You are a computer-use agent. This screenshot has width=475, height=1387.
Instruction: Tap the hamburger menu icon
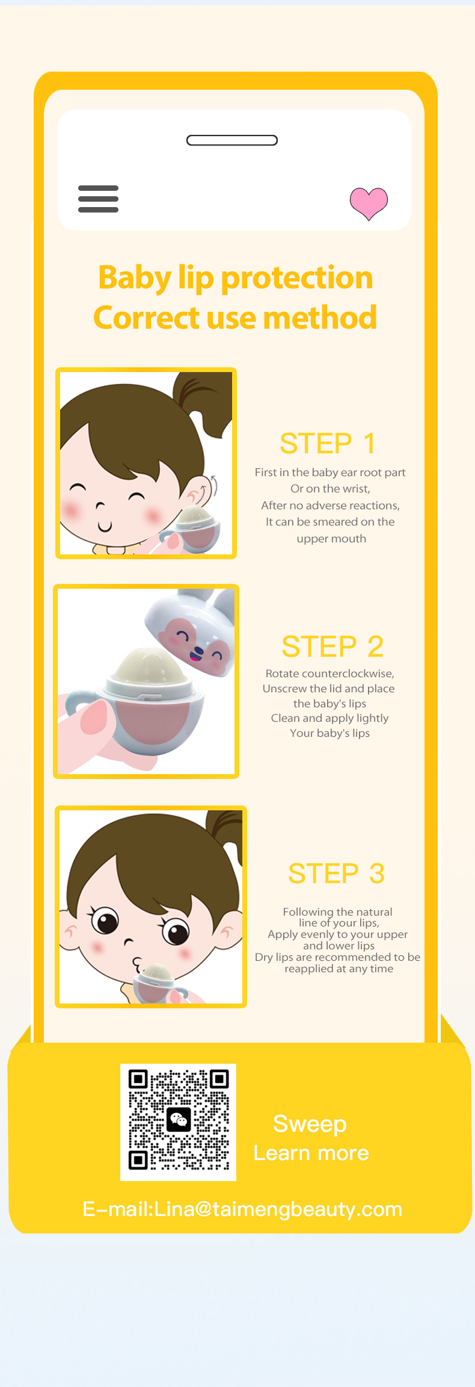[98, 199]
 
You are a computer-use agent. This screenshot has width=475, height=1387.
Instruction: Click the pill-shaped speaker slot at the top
[232, 140]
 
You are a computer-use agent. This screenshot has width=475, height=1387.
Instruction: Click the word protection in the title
[297, 278]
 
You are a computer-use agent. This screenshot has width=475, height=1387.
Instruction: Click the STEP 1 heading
[328, 444]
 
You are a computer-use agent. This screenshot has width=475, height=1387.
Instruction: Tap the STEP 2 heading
[332, 647]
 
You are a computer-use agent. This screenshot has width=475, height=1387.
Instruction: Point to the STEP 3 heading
[336, 873]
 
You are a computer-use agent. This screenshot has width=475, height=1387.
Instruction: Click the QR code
[179, 1122]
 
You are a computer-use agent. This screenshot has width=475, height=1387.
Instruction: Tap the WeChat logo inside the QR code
[179, 1120]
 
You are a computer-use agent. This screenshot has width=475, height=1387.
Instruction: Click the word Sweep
[310, 1124]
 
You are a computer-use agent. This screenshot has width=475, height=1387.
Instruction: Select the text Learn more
[311, 1153]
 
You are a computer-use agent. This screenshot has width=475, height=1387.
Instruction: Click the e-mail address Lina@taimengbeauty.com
[278, 1209]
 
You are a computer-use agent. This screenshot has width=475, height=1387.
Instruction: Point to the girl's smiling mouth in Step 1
[105, 527]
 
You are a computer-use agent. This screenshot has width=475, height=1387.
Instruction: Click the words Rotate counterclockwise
[329, 674]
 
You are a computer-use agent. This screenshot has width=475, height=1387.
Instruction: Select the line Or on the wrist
[330, 489]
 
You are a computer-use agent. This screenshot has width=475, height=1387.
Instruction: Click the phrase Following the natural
[337, 912]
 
